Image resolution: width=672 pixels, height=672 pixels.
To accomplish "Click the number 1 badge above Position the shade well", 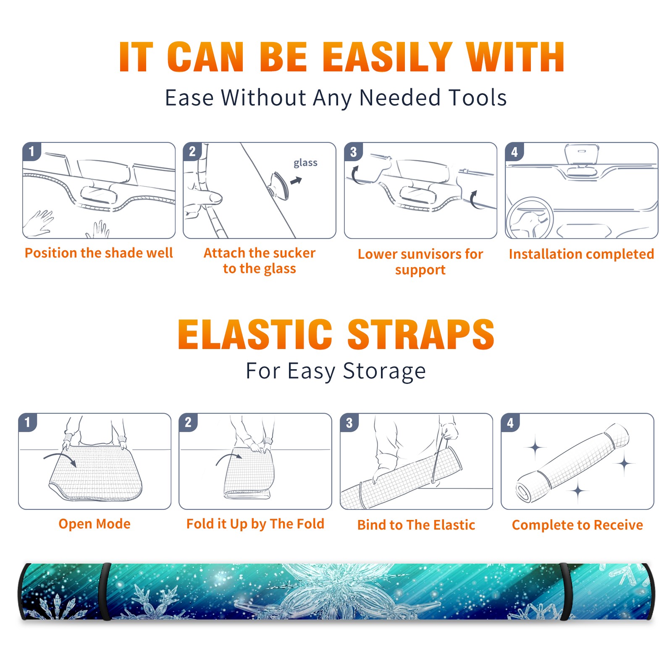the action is pos(31,151).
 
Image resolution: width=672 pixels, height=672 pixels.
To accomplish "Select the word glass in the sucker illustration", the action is pos(305,163).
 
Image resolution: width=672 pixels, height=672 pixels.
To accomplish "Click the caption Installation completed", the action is pos(581,254).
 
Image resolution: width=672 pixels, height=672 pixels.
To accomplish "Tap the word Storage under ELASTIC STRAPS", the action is pos(384,372).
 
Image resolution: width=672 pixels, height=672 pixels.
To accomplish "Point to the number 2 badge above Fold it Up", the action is pos(188,422).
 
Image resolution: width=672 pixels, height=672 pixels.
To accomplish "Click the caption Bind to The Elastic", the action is pos(416,525).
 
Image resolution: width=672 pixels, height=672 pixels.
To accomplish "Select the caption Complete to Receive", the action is pos(577,525).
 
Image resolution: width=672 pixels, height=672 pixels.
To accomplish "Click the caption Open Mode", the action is pos(94,524).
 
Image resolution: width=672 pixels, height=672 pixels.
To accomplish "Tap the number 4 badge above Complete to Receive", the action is pos(510,423).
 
